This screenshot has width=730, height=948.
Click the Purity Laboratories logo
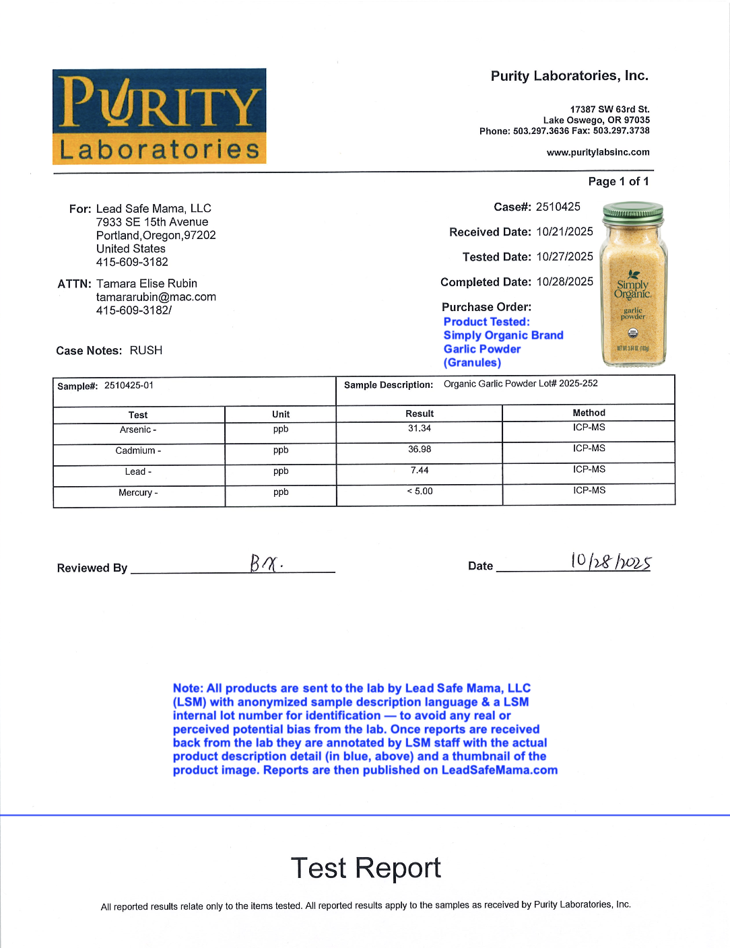pos(160,116)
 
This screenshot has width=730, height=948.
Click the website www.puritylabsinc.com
pos(598,152)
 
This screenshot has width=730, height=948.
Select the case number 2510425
pos(558,207)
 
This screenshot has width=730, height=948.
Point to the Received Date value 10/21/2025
pos(564,232)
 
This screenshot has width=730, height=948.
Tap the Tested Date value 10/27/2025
pos(564,257)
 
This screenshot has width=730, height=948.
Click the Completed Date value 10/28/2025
pos(564,281)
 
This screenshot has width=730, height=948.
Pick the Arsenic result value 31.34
pos(419,428)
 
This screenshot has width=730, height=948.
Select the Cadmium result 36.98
pos(419,449)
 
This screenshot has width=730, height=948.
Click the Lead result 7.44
pos(419,470)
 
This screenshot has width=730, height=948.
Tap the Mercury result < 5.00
pos(419,492)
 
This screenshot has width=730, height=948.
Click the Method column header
pos(589,413)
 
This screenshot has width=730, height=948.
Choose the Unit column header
pos(281,414)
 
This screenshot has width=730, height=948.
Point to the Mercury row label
pos(137,493)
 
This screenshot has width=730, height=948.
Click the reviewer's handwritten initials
pos(266,563)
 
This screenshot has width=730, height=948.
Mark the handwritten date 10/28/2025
pos(610,562)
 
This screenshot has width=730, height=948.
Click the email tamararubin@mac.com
pos(156,297)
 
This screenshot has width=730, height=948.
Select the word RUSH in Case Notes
pos(145,350)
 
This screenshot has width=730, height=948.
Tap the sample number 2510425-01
pos(129,385)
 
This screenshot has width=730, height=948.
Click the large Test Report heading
pos(366,868)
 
